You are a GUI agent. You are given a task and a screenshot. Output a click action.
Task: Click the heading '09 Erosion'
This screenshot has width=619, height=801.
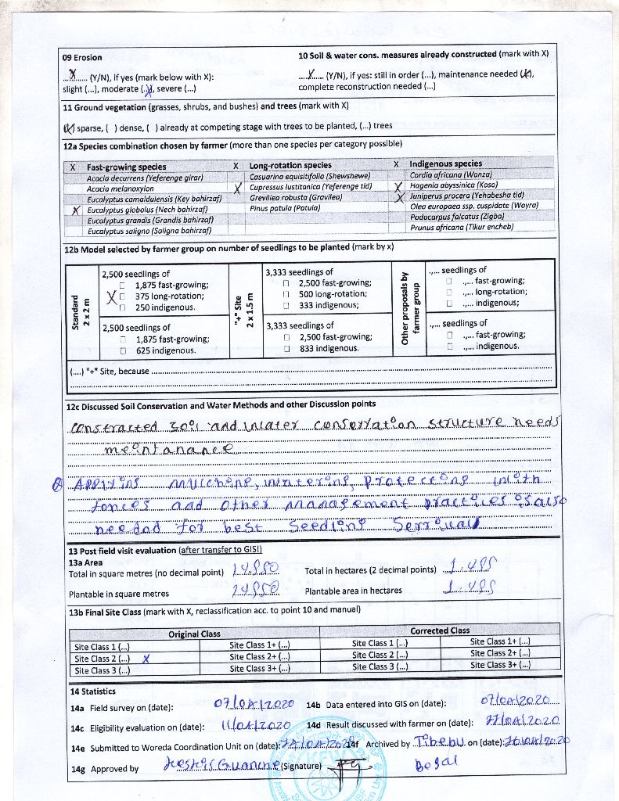point(82,58)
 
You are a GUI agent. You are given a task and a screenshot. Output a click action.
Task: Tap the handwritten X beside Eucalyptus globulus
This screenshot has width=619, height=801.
point(76,210)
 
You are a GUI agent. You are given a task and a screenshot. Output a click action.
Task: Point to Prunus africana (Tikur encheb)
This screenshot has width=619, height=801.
point(462,228)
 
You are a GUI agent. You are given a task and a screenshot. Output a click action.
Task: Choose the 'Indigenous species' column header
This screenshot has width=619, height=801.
point(446,164)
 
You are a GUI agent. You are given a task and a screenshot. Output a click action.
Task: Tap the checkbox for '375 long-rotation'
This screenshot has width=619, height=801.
point(123,296)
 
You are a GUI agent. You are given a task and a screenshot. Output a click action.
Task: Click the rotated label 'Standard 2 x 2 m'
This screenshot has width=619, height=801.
point(81,312)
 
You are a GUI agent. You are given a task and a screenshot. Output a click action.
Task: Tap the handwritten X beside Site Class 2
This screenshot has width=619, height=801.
point(146,659)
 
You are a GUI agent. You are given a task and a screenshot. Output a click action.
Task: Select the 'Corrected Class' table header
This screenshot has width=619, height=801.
point(440,630)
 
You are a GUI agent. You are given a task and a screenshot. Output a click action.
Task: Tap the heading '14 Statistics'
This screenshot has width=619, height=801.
point(92,691)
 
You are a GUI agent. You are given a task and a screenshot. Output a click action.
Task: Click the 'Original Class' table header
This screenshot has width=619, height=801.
point(195,634)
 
